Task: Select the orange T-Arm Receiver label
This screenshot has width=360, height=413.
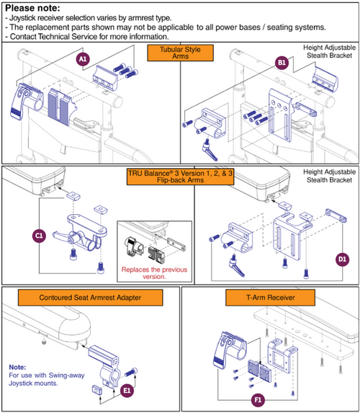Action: click(x=270, y=296)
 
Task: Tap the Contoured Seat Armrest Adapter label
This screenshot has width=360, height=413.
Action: click(x=91, y=296)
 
